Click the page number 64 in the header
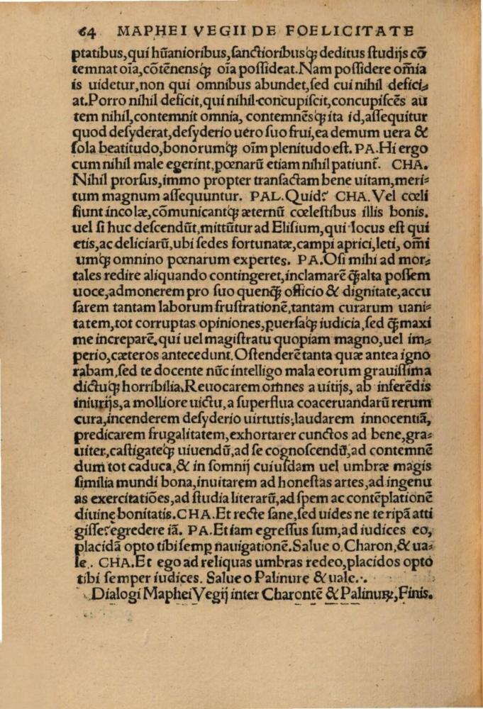point(85,30)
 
